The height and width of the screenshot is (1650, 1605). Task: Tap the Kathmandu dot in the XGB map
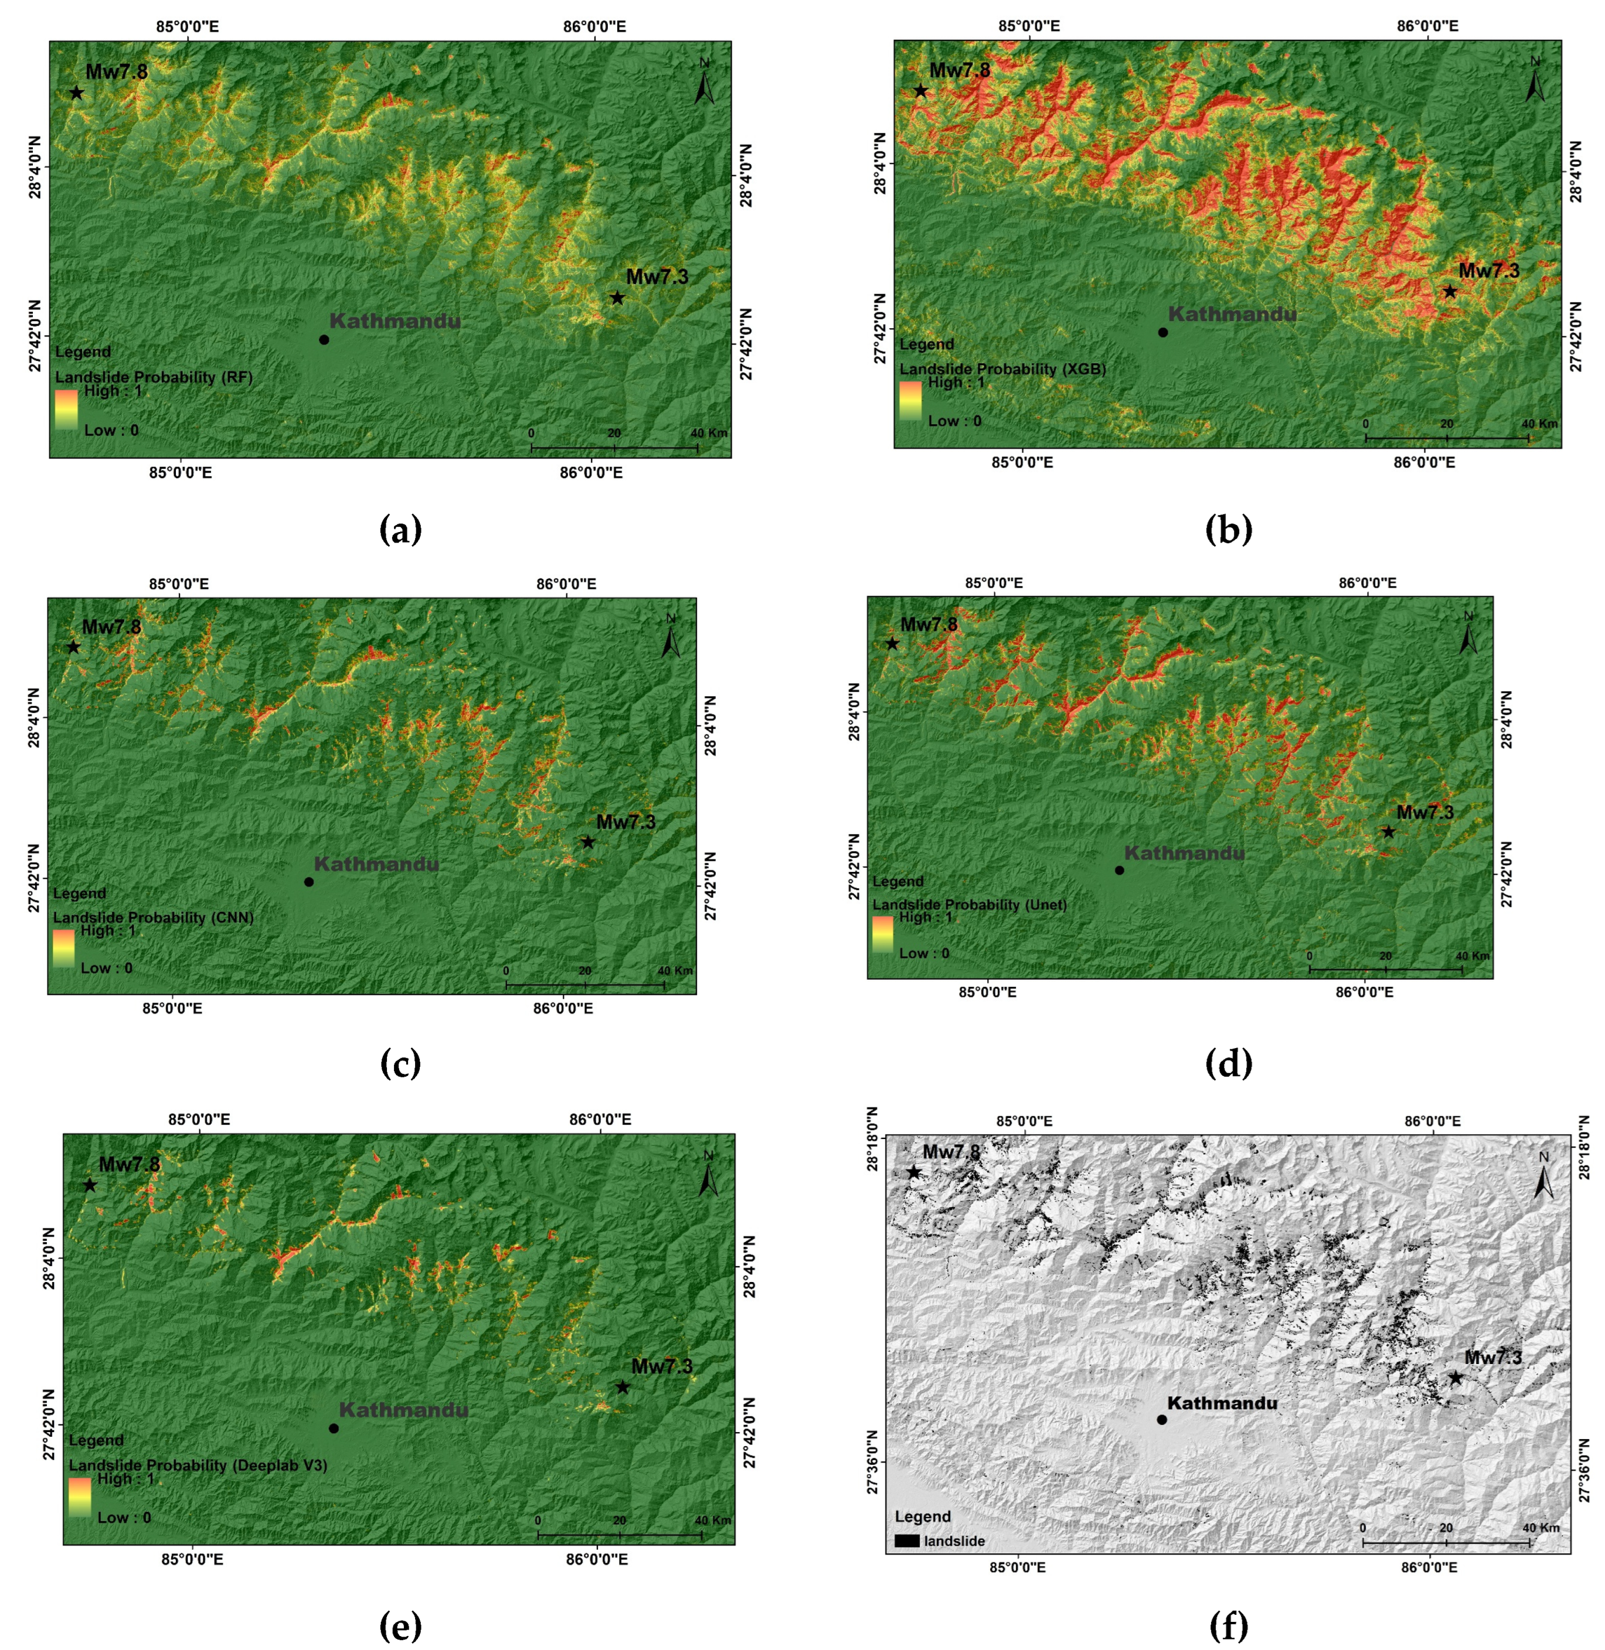(1162, 332)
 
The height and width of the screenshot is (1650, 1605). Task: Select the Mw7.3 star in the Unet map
(1388, 832)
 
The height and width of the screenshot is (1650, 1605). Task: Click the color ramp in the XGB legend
(910, 400)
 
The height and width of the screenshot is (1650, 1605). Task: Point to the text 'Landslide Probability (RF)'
(154, 377)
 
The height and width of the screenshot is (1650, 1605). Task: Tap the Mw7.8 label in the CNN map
(111, 627)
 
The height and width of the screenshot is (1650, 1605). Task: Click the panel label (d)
(1229, 1065)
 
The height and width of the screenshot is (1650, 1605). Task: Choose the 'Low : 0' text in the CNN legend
(106, 967)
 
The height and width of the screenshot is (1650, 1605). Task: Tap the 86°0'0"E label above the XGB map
(1428, 26)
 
